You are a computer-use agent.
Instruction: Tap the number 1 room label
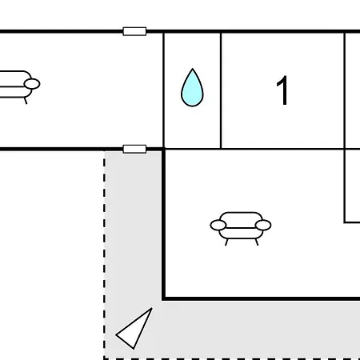[282, 90]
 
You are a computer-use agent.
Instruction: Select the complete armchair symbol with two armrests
[241, 228]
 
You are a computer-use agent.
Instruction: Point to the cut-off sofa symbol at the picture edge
[19, 87]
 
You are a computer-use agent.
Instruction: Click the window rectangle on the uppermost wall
[134, 31]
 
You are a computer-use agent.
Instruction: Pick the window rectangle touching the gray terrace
[134, 149]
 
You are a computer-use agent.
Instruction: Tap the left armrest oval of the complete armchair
[218, 225]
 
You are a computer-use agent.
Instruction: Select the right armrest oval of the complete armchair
[263, 225]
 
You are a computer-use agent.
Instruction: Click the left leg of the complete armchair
[226, 242]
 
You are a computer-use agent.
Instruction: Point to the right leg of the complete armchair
[257, 242]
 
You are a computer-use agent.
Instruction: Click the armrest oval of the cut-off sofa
[32, 84]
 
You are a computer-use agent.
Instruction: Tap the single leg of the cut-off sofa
[26, 101]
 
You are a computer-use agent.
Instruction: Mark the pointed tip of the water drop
[193, 69]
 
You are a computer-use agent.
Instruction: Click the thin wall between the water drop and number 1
[221, 90]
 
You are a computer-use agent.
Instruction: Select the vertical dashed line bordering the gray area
[104, 254]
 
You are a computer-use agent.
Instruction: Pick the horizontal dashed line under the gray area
[232, 358]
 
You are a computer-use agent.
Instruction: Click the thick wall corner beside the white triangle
[163, 298]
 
